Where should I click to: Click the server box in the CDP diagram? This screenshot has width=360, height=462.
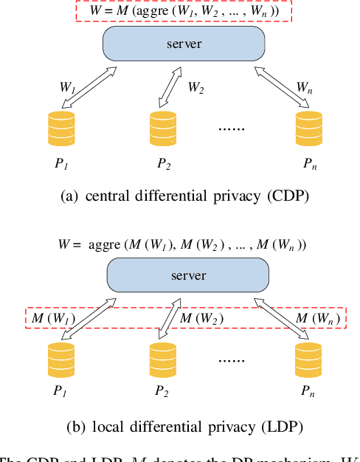(183, 44)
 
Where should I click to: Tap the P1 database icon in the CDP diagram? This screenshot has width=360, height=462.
(61, 128)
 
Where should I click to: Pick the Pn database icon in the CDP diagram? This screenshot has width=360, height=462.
(308, 128)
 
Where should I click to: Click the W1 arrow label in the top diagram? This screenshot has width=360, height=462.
(67, 87)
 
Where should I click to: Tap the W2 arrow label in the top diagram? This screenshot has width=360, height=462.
(195, 88)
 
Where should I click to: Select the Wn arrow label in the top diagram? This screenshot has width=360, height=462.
(304, 87)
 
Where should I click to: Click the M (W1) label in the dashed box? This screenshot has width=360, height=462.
(49, 318)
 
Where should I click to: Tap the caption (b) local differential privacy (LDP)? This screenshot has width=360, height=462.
(179, 426)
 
